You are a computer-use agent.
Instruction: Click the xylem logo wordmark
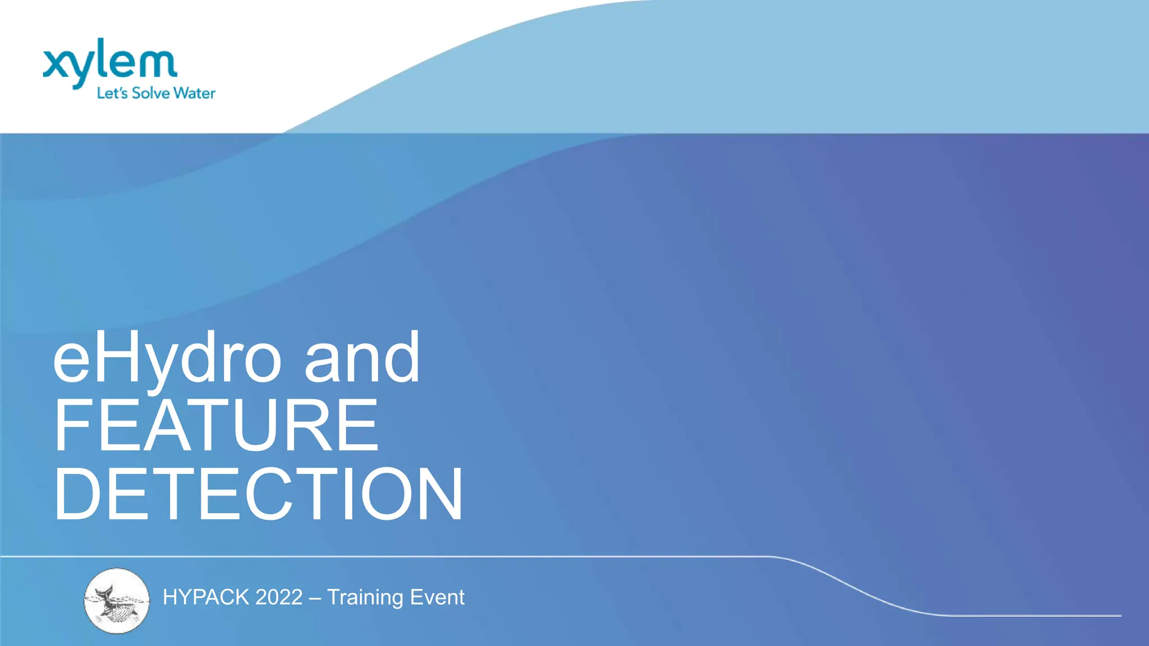pos(110,62)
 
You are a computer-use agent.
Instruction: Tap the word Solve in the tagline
pos(150,93)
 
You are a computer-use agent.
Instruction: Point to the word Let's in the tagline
pos(112,93)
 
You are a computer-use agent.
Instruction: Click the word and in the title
pos(362,358)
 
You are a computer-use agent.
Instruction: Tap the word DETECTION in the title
pos(258,494)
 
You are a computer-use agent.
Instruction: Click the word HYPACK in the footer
pos(205,598)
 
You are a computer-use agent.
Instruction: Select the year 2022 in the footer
pos(279,598)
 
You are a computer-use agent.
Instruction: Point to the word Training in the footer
pos(365,598)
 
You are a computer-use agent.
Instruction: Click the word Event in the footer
pos(437,598)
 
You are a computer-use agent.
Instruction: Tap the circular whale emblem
pos(117,601)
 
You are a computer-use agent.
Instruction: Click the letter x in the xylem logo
pos(56,63)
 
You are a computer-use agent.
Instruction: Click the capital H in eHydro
pos(112,357)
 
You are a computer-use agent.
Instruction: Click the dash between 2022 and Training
pos(315,598)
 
